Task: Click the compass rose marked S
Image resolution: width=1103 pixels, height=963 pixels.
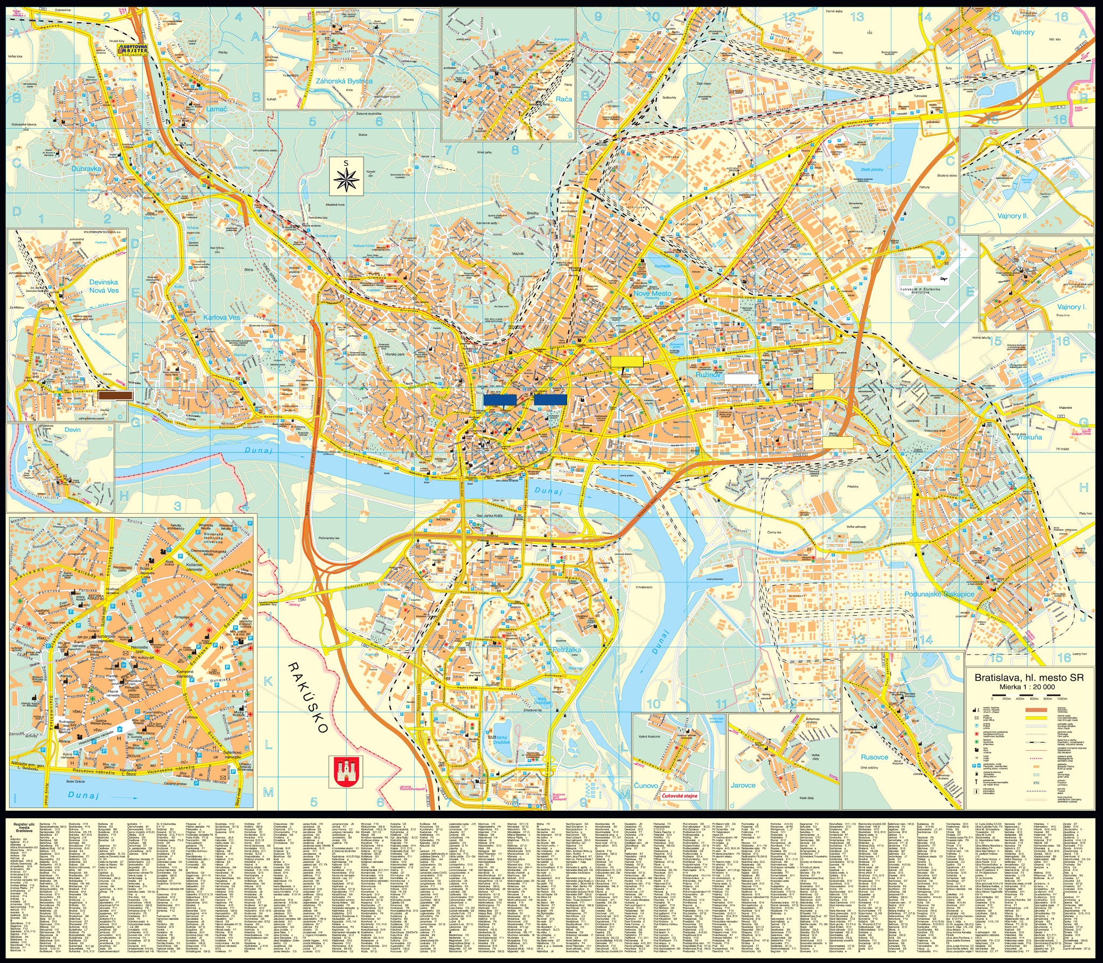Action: [346, 177]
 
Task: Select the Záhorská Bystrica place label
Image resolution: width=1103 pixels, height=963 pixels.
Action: [344, 81]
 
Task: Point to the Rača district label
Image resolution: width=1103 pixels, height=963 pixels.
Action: [563, 99]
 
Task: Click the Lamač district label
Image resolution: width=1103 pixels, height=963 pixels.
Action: [217, 108]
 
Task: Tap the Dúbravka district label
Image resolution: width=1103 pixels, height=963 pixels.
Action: [86, 169]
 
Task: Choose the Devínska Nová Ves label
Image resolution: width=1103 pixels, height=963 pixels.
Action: [103, 286]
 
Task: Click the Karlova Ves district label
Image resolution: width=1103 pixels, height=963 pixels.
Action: [221, 317]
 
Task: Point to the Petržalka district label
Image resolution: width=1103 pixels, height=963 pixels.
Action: [567, 650]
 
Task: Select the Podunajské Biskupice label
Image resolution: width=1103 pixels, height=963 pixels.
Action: [939, 594]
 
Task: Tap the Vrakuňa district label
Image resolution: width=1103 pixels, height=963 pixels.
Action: [1029, 437]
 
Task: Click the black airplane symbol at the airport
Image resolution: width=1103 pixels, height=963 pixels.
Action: [943, 279]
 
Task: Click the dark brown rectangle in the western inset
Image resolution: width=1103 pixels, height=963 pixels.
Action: [116, 395]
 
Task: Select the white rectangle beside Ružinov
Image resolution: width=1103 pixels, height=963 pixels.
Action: [741, 379]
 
